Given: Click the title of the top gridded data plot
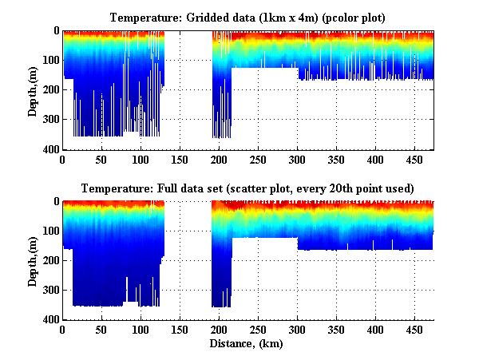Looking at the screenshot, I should point(248,17).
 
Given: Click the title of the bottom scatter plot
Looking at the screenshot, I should point(248,188).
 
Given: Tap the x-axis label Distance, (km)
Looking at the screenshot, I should point(247,345).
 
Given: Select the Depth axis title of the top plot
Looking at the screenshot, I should point(33,89).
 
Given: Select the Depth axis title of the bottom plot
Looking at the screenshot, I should point(33,260).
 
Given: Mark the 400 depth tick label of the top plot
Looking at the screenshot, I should point(50,149).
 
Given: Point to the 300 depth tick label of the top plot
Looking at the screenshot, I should point(50,120).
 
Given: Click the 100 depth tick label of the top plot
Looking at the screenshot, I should point(50,61).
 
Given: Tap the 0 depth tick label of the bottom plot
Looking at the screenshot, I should point(56,202).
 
